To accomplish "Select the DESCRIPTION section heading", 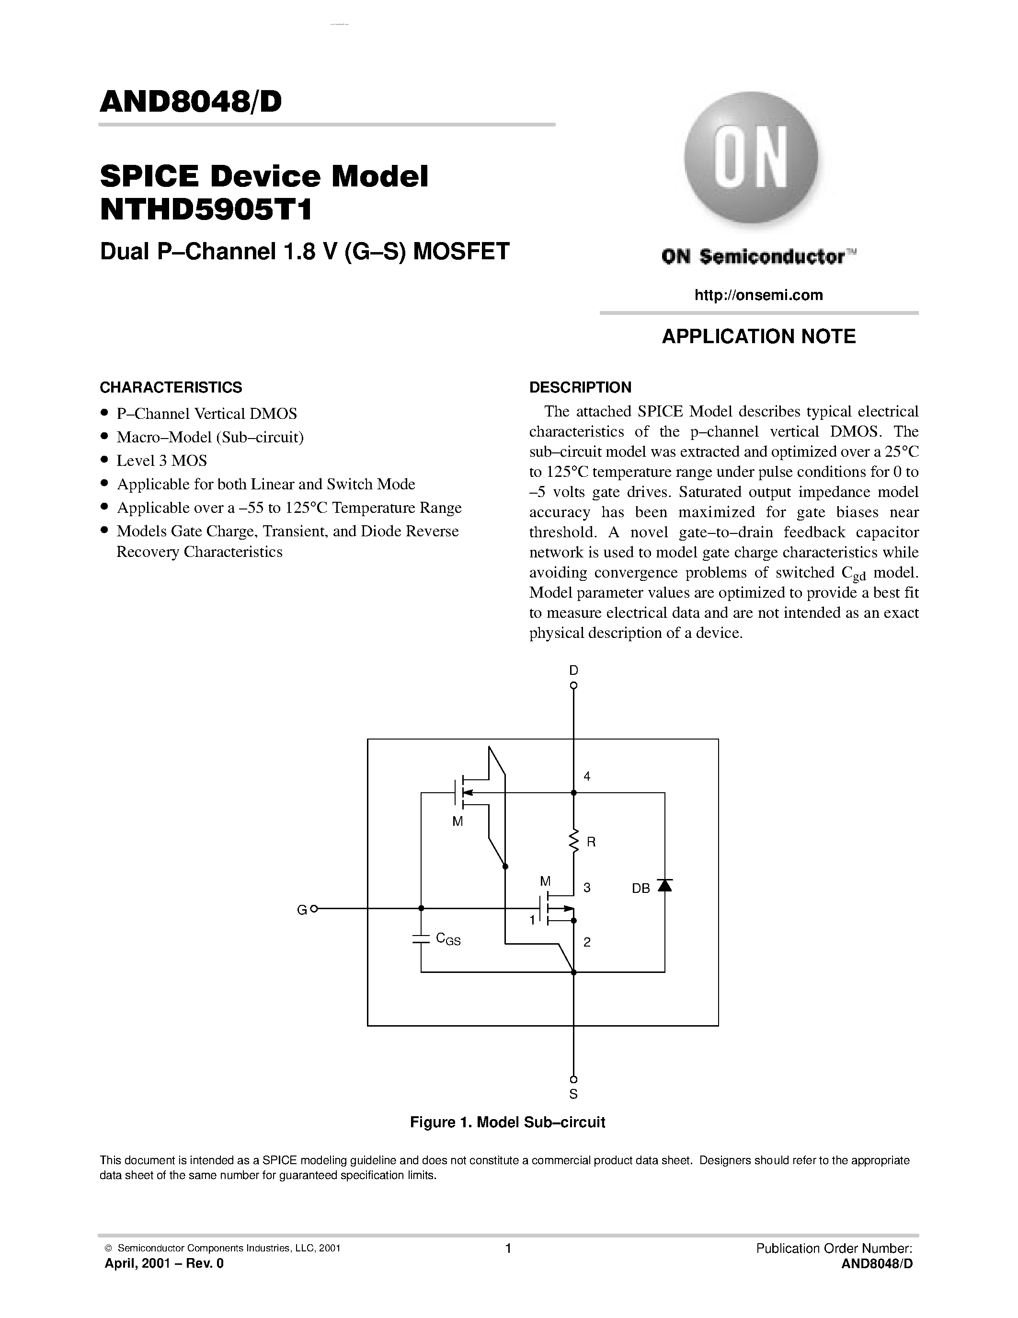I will click(580, 387).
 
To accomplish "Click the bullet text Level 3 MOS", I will click(161, 461).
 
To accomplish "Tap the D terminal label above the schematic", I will click(573, 670).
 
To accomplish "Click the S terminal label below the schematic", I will click(573, 1094).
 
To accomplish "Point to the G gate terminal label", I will click(301, 910).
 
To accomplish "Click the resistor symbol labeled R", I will click(573, 841).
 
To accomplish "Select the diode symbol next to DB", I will click(664, 885).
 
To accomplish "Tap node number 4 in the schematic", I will click(587, 776).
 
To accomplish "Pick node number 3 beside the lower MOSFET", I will click(587, 888).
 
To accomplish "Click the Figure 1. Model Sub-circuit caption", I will click(507, 1122).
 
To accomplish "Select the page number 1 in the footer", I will click(508, 1248).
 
